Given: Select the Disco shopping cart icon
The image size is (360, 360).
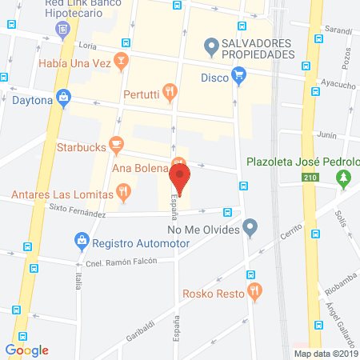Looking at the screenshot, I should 238,77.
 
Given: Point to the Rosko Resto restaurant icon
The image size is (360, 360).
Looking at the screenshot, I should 254,292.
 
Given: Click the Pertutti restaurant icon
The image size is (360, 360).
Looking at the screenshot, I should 169,93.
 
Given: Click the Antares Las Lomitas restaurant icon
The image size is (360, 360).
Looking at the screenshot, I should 122,191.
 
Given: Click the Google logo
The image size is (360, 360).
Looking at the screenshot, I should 26,350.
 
